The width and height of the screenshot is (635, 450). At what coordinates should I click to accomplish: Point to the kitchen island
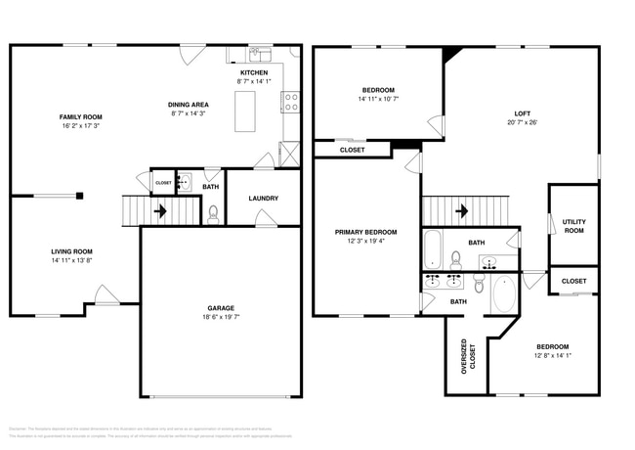[x=243, y=110]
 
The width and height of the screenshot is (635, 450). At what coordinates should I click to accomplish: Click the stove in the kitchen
[x=290, y=99]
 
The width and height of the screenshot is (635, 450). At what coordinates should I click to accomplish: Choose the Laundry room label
[x=263, y=199]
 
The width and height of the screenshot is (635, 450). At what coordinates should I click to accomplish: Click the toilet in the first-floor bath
[x=213, y=214]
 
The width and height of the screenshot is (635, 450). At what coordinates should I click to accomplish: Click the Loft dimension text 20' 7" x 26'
[x=523, y=123]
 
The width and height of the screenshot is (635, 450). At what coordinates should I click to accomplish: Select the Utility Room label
[x=573, y=226]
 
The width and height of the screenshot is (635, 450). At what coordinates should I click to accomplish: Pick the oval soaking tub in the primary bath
[x=505, y=292]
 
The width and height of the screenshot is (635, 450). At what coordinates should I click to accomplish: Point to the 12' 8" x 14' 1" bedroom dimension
[x=552, y=357]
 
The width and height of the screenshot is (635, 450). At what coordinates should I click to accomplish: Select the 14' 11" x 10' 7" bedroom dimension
[x=378, y=99]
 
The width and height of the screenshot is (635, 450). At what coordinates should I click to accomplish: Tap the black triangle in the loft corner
[x=448, y=55]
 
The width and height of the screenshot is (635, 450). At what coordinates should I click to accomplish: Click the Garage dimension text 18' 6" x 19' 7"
[x=221, y=318]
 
